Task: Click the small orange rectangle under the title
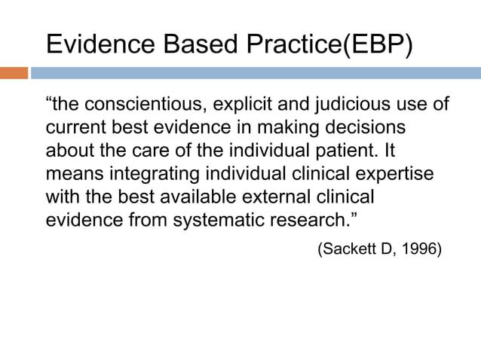click(x=14, y=73)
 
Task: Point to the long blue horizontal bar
click(x=255, y=73)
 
